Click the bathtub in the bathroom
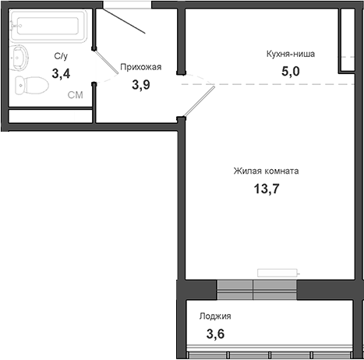point(48,26)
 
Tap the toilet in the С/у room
point(32,86)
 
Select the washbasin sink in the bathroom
point(19,58)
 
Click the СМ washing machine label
point(76,95)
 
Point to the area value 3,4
point(61,73)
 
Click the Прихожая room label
point(141,67)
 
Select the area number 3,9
point(141,85)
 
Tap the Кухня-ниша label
point(291,54)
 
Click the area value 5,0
point(291,71)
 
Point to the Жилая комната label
point(266,171)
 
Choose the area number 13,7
point(267,189)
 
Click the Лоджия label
point(215,316)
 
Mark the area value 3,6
point(215,334)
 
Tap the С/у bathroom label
point(61,56)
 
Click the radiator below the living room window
point(278,273)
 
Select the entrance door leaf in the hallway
point(124,21)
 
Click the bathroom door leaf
point(106,62)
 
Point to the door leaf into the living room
point(200,101)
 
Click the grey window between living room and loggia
point(256,290)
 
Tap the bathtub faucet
point(14,26)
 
